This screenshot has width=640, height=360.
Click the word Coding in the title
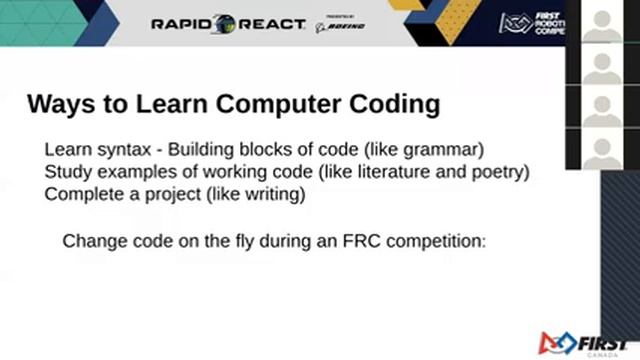pyautogui.click(x=391, y=103)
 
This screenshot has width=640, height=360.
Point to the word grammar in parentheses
pyautogui.click(x=447, y=150)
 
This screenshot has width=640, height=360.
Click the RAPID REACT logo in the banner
pyautogui.click(x=228, y=24)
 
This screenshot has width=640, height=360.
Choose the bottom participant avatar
pyautogui.click(x=602, y=150)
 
